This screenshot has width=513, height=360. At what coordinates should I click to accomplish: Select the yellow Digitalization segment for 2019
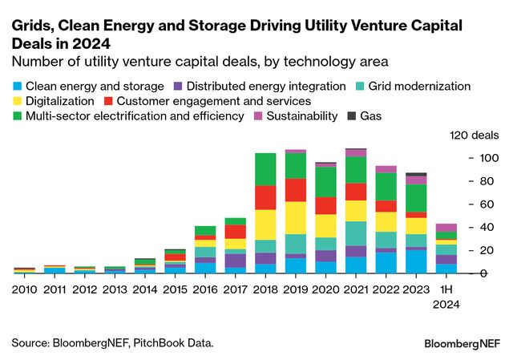coord(296,217)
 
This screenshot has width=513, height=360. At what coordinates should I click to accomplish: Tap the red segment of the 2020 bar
coord(325,204)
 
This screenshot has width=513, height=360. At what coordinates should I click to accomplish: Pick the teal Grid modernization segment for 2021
coord(356,233)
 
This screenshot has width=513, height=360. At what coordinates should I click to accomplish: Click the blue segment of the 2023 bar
coord(417,261)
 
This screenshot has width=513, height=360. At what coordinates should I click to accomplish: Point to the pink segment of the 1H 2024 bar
coord(446,228)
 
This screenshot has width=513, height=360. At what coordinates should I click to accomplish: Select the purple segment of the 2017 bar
coord(235,261)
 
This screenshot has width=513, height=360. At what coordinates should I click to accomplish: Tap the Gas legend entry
coord(364,116)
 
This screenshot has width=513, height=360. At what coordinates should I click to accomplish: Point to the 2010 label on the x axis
coord(24,286)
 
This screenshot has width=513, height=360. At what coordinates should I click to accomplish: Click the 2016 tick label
coord(205,286)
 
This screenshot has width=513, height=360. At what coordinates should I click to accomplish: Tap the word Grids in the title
coord(30,26)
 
